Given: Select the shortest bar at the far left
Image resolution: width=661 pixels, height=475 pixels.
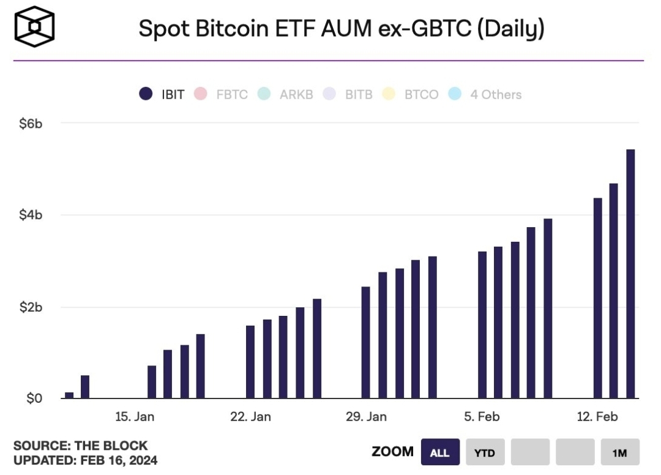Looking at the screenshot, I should tap(69, 395).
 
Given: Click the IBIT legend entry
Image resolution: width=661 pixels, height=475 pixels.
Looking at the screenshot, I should tap(162, 94).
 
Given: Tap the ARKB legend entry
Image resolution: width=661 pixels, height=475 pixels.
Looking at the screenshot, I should tap(287, 94).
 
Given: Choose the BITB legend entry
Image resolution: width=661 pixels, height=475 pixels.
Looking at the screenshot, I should tap(349, 94).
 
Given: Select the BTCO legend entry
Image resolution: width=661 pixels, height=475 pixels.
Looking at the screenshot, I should tap(411, 94).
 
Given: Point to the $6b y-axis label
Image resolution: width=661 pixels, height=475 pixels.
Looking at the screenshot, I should tap(30, 123).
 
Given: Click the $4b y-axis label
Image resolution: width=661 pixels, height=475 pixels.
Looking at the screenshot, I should tap(30, 215).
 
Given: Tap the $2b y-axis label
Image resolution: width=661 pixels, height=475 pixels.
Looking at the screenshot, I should tap(30, 307).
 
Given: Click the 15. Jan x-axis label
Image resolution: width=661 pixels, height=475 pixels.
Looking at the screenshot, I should tap(135, 417).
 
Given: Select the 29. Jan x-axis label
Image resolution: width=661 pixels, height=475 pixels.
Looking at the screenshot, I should tap(366, 417).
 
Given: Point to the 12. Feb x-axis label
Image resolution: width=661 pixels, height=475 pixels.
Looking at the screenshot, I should tap(597, 417).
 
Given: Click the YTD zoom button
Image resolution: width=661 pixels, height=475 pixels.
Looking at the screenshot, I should tap(484, 453).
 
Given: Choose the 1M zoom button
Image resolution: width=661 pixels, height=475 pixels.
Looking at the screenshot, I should tap(619, 453).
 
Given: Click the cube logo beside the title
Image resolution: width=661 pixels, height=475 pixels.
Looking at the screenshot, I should tap(34, 26).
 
